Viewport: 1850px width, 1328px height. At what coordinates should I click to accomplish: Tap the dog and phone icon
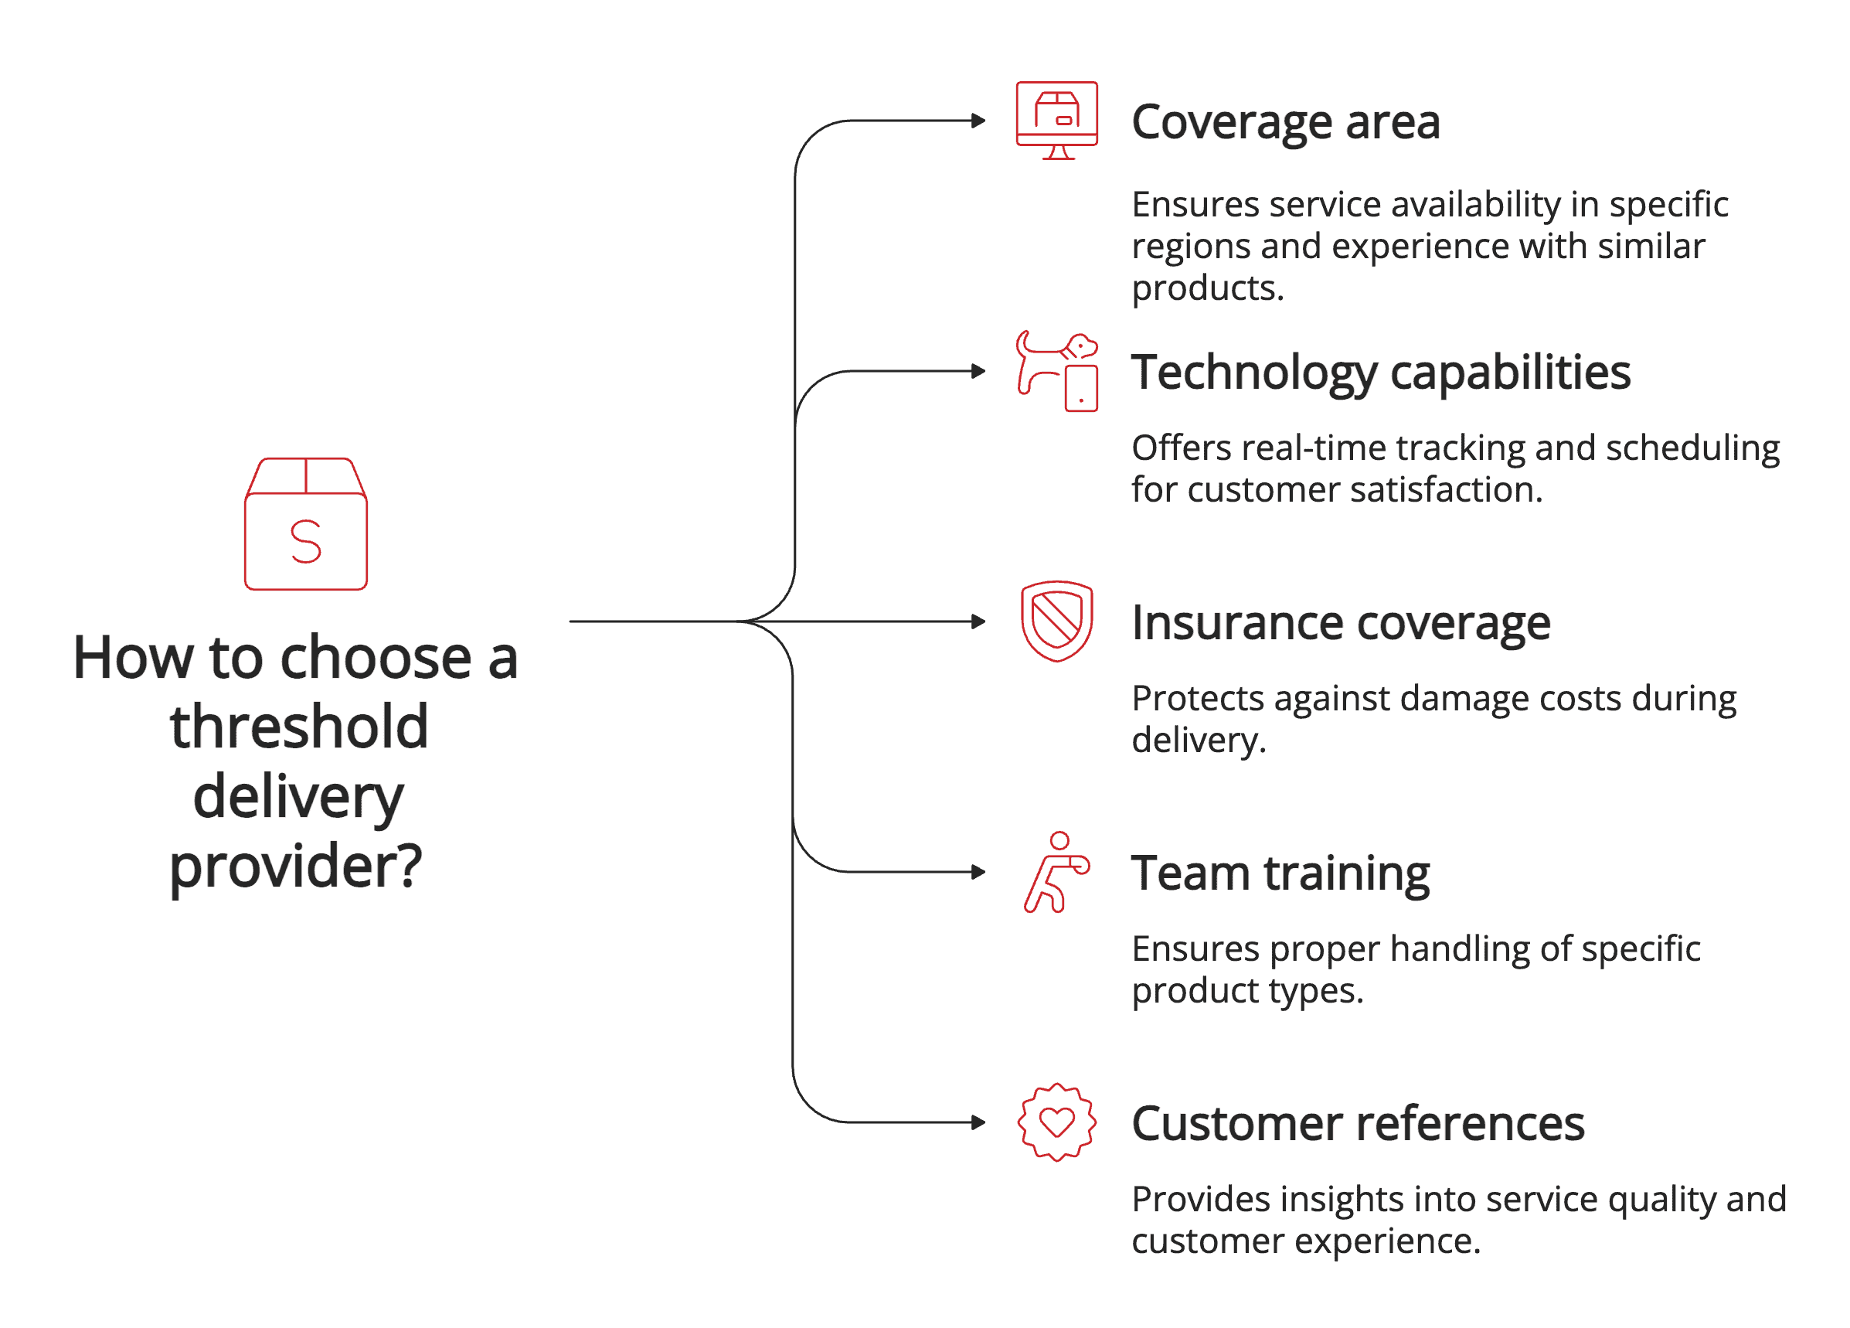click(x=1056, y=371)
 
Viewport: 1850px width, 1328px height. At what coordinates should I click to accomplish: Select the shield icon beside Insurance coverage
click(x=1056, y=621)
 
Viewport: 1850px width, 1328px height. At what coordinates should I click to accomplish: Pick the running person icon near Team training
click(x=1056, y=872)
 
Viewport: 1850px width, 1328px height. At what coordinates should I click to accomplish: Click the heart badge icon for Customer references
click(x=1056, y=1122)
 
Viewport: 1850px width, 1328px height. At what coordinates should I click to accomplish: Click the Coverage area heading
click(x=1286, y=122)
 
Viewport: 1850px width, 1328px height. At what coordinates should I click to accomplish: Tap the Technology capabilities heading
click(x=1380, y=373)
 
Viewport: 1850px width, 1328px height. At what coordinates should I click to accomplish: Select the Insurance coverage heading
click(x=1340, y=623)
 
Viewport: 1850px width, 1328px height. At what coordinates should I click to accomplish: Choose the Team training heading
click(x=1280, y=873)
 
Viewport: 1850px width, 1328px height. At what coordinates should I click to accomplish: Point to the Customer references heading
click(x=1357, y=1124)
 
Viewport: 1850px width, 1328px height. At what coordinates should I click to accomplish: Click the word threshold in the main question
click(x=299, y=727)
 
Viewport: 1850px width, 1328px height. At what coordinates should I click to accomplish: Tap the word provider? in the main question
click(x=295, y=867)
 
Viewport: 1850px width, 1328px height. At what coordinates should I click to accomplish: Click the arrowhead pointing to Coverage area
click(x=979, y=121)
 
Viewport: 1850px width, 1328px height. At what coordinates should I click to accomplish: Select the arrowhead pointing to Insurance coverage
click(x=979, y=621)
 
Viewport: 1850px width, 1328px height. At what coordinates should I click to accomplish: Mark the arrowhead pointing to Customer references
click(x=979, y=1122)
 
